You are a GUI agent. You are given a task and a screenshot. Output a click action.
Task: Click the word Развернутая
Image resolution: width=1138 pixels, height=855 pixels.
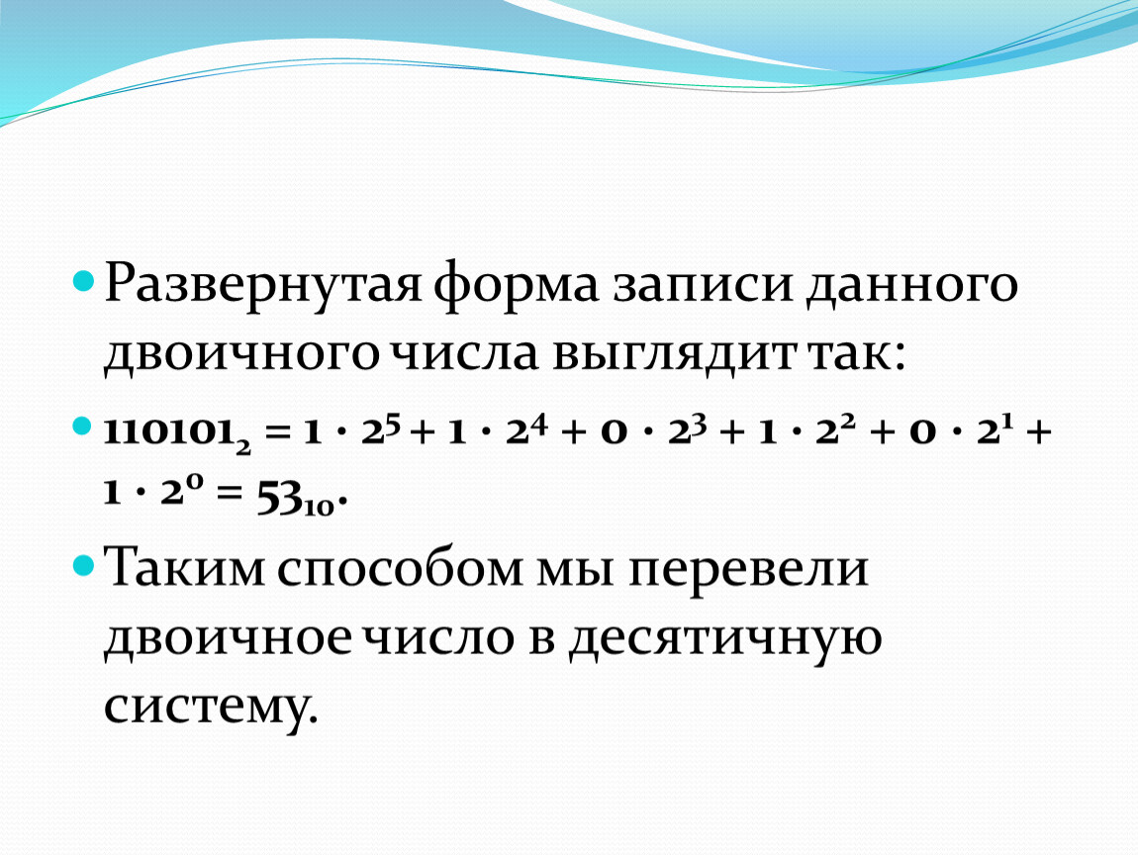(262, 284)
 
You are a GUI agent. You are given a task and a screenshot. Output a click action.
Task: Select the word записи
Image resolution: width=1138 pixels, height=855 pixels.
(702, 284)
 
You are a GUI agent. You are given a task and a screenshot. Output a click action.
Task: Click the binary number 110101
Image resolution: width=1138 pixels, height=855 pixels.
(178, 433)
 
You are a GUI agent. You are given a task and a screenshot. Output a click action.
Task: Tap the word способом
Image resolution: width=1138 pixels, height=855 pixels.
(399, 567)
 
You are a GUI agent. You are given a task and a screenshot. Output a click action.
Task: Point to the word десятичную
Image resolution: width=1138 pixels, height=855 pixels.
(725, 639)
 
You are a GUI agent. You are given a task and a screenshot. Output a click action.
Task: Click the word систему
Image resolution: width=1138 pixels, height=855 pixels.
(211, 707)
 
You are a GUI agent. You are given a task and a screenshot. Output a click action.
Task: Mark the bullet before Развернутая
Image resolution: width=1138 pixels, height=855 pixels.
(83, 280)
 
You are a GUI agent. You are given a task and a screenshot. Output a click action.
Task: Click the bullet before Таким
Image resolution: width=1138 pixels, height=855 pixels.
(83, 565)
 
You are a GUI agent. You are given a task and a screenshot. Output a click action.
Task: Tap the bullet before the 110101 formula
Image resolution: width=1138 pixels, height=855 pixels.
(83, 426)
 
